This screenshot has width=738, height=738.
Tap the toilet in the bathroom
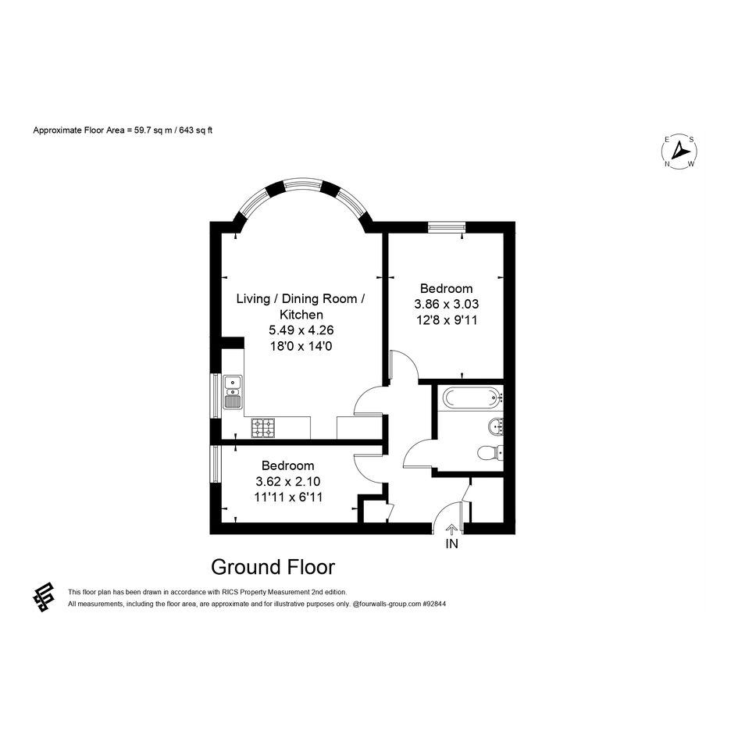point(490,453)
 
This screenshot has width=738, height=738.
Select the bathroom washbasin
point(496,427)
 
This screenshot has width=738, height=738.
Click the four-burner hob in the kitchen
point(262,428)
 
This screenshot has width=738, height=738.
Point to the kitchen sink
point(233,391)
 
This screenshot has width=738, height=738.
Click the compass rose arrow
point(679,151)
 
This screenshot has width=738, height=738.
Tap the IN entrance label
point(451,544)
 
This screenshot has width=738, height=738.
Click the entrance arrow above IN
point(451,529)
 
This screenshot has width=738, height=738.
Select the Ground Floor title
point(273,567)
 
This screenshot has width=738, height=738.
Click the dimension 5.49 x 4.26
point(301,330)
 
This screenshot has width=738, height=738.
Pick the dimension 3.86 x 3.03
point(446,304)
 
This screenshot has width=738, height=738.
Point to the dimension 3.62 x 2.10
point(287,481)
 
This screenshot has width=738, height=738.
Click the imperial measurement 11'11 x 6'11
point(288,497)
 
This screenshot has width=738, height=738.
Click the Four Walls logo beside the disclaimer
point(43,597)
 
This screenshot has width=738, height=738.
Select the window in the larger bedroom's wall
point(447,226)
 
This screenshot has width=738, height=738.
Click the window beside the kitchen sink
point(215,395)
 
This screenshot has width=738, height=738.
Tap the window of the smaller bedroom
point(215,464)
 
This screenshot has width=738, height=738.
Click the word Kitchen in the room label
point(301,315)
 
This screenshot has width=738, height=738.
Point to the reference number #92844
point(434,604)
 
